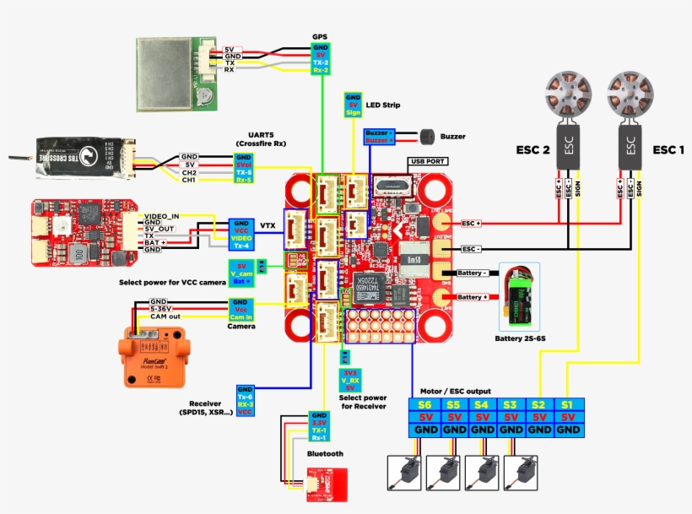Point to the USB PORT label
[428, 160]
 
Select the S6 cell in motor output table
[424, 404]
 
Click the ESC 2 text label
[533, 150]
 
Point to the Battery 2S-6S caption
[520, 338]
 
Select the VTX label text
[268, 226]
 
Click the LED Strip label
[382, 106]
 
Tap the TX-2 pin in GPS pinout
[320, 63]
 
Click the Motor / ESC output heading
[457, 391]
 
